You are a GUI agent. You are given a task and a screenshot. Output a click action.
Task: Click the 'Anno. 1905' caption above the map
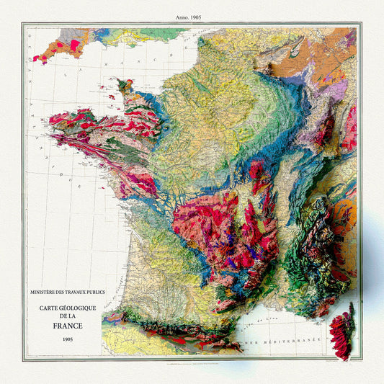pos(191,16)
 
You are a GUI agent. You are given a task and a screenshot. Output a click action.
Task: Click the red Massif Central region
pos(209,231)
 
